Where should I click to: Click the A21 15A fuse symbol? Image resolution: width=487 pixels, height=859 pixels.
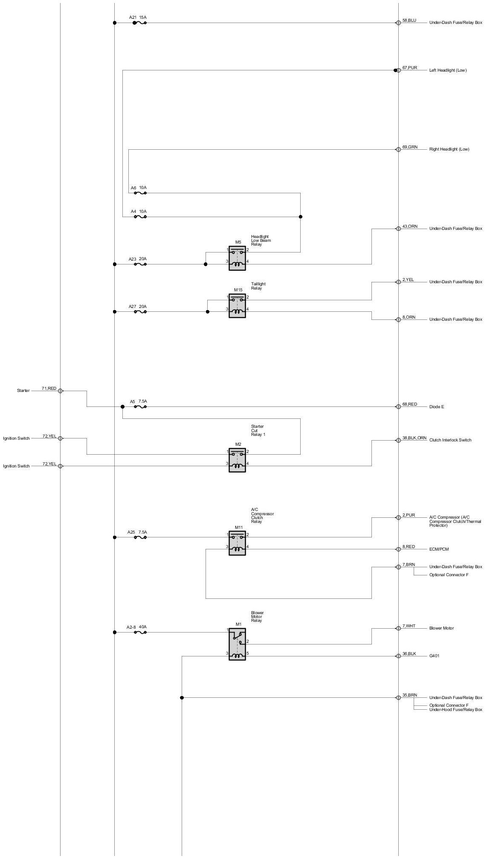coord(140,23)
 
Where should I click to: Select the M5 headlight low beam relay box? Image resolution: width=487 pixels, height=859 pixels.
coord(237,258)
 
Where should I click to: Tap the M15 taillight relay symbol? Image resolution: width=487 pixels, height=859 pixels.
coord(237,306)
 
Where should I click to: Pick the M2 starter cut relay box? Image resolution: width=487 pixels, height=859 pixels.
coord(237,460)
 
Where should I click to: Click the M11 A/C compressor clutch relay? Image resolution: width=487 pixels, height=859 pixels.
coord(237,543)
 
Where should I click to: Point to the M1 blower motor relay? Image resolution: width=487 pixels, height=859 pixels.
coord(237,644)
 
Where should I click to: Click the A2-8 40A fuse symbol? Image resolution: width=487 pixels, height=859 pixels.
coord(140,633)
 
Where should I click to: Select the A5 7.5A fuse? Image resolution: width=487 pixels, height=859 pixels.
coord(140,407)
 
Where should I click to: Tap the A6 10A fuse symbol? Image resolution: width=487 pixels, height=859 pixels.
coord(140,193)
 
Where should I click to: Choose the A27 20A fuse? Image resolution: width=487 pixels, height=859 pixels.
coord(140,312)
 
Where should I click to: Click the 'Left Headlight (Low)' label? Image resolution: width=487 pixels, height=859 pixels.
coord(448,70)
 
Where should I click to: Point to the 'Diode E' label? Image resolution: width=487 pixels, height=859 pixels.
coord(436,407)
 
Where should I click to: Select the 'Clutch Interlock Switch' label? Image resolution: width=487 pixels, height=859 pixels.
coord(450,440)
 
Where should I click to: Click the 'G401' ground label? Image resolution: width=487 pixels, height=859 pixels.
coord(434,656)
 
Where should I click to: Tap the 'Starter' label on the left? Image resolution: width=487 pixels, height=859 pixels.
coord(23,391)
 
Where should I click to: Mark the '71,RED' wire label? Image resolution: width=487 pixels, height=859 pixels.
coord(49,389)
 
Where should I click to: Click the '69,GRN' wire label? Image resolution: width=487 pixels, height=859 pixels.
coord(410,147)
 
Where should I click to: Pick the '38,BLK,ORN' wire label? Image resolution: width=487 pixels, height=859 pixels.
coord(414,438)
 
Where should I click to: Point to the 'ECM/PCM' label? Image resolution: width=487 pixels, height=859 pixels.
coord(439,549)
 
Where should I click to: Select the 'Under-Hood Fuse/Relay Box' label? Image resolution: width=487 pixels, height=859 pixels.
coord(455,710)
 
